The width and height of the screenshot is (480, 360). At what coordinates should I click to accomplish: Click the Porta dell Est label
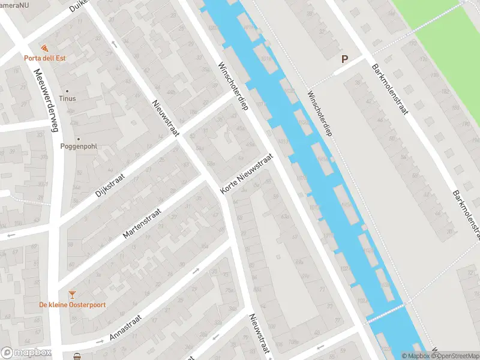coord(45,58)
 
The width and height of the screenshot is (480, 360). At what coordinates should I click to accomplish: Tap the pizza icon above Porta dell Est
coord(44,48)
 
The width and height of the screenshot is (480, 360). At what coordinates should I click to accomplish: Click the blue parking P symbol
coord(344,59)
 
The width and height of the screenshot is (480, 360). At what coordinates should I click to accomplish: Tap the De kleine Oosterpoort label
coord(73,305)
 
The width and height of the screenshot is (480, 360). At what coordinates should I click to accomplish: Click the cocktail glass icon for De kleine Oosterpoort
coord(73,294)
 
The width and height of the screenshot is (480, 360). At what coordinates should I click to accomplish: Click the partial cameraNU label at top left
coord(14,5)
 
